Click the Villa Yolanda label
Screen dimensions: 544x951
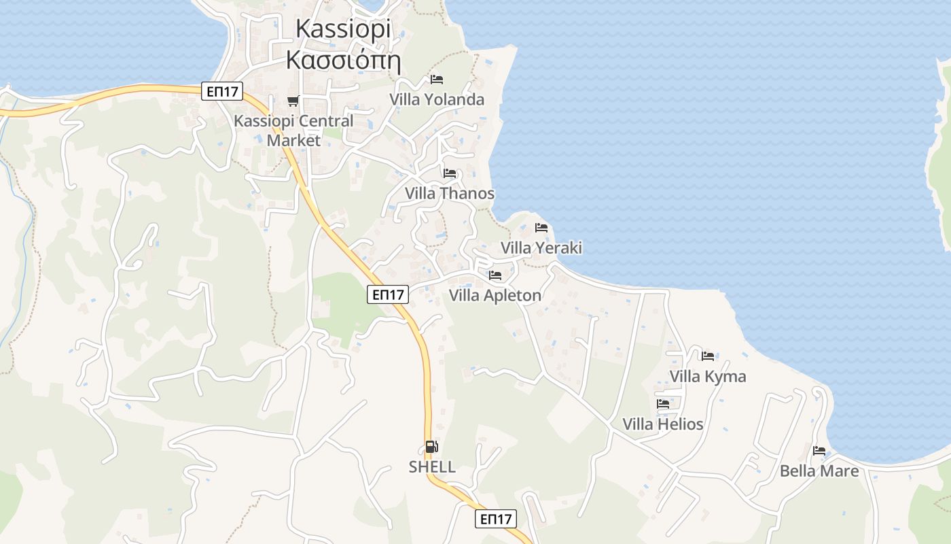pyautogui.click(x=437, y=99)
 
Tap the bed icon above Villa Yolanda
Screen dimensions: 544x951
pyautogui.click(x=437, y=80)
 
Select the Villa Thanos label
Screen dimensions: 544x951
pyautogui.click(x=450, y=193)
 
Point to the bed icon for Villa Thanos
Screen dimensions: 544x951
pyautogui.click(x=450, y=173)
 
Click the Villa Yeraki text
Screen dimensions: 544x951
pyautogui.click(x=541, y=248)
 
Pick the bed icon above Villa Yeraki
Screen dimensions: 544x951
pyautogui.click(x=541, y=228)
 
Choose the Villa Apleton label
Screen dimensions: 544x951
pyautogui.click(x=495, y=295)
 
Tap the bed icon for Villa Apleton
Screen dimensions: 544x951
pyautogui.click(x=495, y=275)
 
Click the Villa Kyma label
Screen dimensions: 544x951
pyautogui.click(x=708, y=376)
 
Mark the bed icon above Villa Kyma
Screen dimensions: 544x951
pyautogui.click(x=708, y=356)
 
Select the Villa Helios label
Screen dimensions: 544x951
pyautogui.click(x=663, y=424)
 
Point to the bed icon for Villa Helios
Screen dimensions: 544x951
pyautogui.click(x=663, y=404)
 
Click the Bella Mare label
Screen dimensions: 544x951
pyautogui.click(x=819, y=471)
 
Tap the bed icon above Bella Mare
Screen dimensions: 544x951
pyautogui.click(x=819, y=451)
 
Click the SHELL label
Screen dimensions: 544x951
pyautogui.click(x=432, y=467)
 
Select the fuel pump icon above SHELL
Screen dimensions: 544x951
pyautogui.click(x=431, y=447)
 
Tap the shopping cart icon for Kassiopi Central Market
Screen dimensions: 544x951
pyautogui.click(x=293, y=101)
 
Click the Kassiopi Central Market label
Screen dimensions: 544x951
pyautogui.click(x=293, y=130)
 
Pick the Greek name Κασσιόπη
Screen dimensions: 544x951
pyautogui.click(x=343, y=60)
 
